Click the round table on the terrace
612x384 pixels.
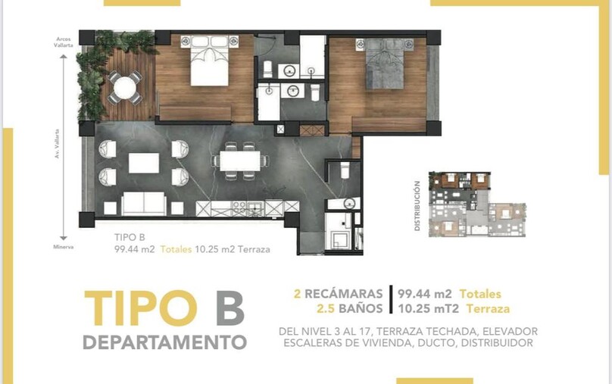[x=125, y=88]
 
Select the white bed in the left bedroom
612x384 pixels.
[x=210, y=61]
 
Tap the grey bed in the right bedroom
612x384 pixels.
[x=384, y=63]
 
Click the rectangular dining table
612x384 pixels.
[x=240, y=161]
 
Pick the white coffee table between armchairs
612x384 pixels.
[x=144, y=163]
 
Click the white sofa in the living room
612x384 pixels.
[x=144, y=203]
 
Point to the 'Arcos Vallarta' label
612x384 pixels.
[x=64, y=42]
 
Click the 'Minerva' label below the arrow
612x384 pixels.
[x=64, y=247]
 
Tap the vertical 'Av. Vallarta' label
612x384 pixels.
[x=58, y=144]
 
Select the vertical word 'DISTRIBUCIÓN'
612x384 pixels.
[x=417, y=205]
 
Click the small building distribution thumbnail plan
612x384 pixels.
[x=477, y=204]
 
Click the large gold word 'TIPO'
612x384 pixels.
[x=141, y=308]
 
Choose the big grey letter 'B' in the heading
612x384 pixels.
[x=230, y=308]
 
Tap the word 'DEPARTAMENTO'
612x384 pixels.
[x=164, y=342]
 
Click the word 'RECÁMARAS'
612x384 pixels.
[x=343, y=294]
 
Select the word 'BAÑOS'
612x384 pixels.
[x=361, y=309]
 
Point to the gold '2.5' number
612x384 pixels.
[x=326, y=309]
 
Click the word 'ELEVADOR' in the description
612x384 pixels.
[x=511, y=331]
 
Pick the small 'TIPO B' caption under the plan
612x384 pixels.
[x=130, y=237]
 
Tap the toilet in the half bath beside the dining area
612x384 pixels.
[x=345, y=170]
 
